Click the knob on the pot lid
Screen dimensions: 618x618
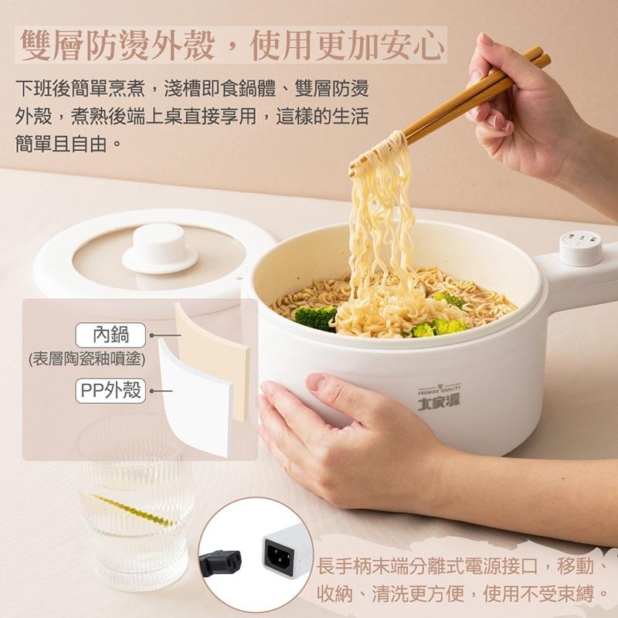160,246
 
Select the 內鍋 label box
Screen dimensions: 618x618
110,335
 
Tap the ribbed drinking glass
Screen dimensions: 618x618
136,502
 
